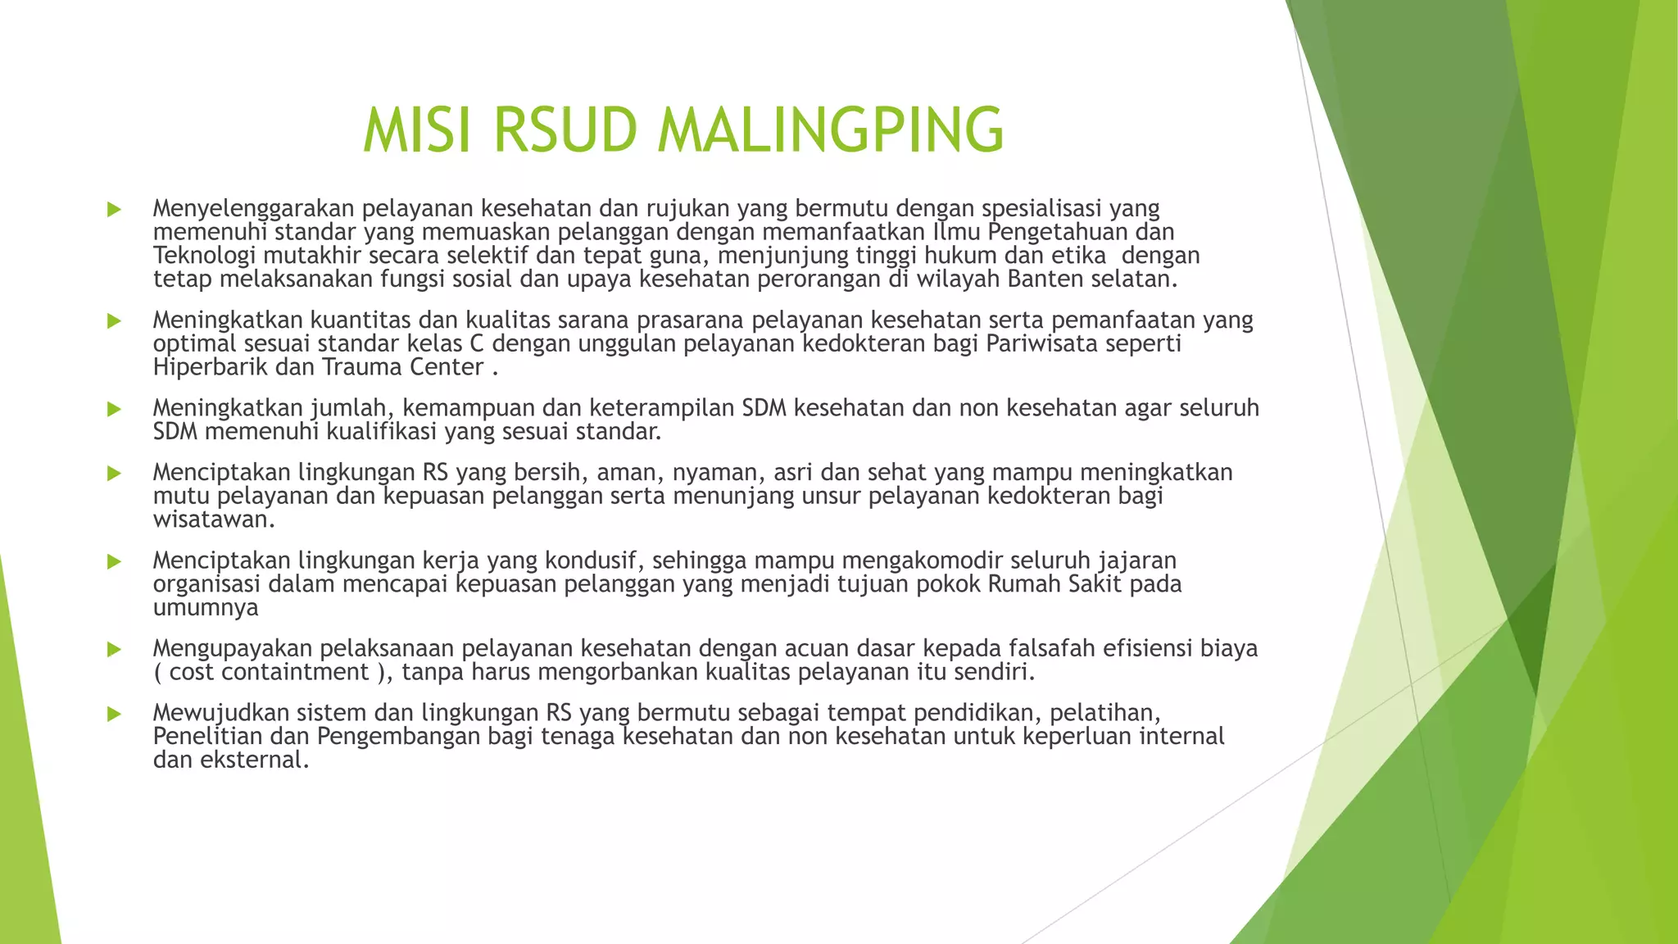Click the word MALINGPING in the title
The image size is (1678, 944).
point(831,129)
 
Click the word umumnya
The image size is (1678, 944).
point(206,608)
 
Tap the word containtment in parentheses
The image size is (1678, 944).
point(295,673)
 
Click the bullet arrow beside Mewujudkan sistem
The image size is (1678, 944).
point(114,714)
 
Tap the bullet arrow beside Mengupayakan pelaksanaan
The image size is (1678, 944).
point(114,650)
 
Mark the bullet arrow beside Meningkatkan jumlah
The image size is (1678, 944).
point(114,409)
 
